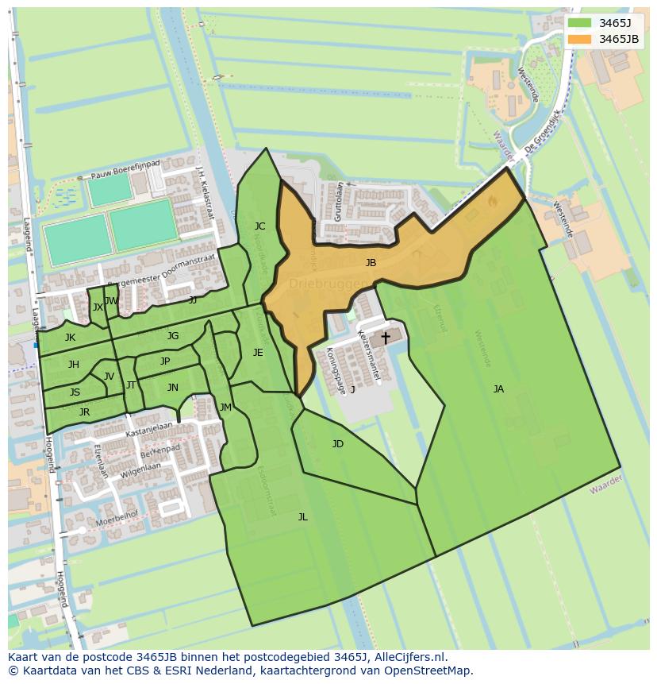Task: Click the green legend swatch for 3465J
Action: tap(580, 22)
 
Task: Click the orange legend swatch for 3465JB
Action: tap(580, 39)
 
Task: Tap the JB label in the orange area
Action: tap(371, 263)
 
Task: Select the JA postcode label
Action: tap(498, 388)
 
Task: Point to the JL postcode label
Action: tap(302, 517)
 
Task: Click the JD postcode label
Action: tap(338, 444)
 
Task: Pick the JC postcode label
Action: tap(259, 226)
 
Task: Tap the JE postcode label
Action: tap(258, 353)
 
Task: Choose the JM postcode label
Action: tap(225, 408)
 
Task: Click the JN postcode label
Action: tap(173, 388)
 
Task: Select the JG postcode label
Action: tap(173, 336)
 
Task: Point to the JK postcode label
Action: tap(71, 338)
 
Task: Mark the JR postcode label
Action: tap(84, 412)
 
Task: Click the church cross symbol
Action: tap(386, 338)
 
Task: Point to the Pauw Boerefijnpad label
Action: tap(126, 168)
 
